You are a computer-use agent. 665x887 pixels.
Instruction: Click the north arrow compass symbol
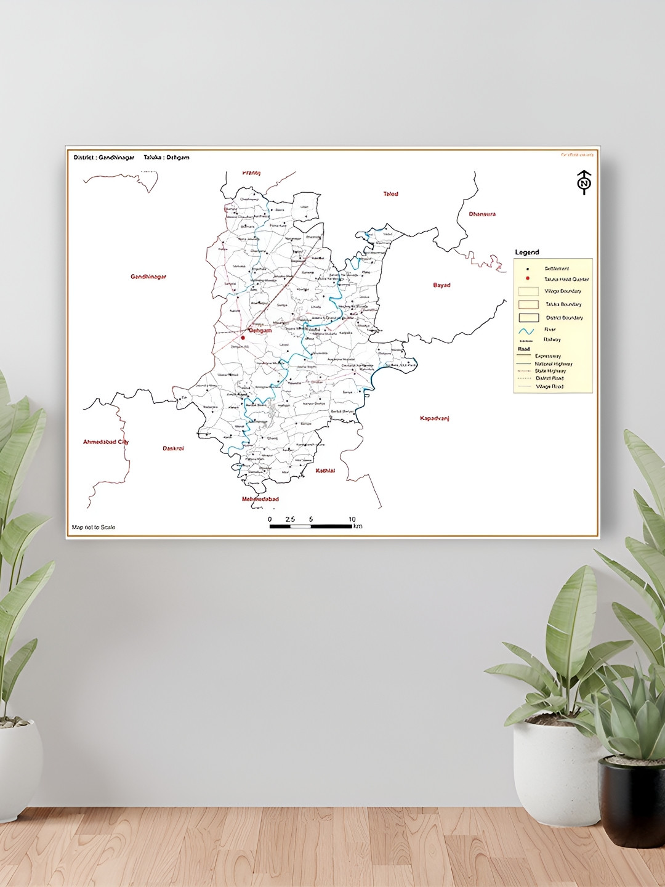click(584, 182)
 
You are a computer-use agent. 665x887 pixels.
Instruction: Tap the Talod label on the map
click(390, 194)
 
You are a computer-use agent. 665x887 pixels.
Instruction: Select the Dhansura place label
click(482, 214)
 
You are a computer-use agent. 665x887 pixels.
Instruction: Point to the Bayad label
click(441, 285)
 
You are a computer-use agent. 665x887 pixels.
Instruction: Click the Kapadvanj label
click(434, 419)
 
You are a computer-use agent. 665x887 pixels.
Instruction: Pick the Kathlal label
click(325, 471)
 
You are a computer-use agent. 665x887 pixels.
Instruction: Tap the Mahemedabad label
click(260, 499)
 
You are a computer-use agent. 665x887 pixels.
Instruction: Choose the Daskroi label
click(173, 448)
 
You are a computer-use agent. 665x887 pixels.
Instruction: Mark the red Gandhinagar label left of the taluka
click(148, 277)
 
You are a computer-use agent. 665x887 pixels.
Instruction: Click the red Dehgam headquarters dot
click(243, 337)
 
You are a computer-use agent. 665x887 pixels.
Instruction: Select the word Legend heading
click(526, 253)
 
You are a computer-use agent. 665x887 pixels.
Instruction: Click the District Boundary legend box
click(528, 318)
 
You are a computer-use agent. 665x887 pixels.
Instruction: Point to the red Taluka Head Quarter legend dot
click(528, 278)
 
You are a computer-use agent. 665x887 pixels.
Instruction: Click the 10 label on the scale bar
click(352, 519)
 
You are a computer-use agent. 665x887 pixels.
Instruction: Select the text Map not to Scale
click(94, 527)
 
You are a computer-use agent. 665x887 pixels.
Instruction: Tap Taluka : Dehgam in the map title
click(166, 158)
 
